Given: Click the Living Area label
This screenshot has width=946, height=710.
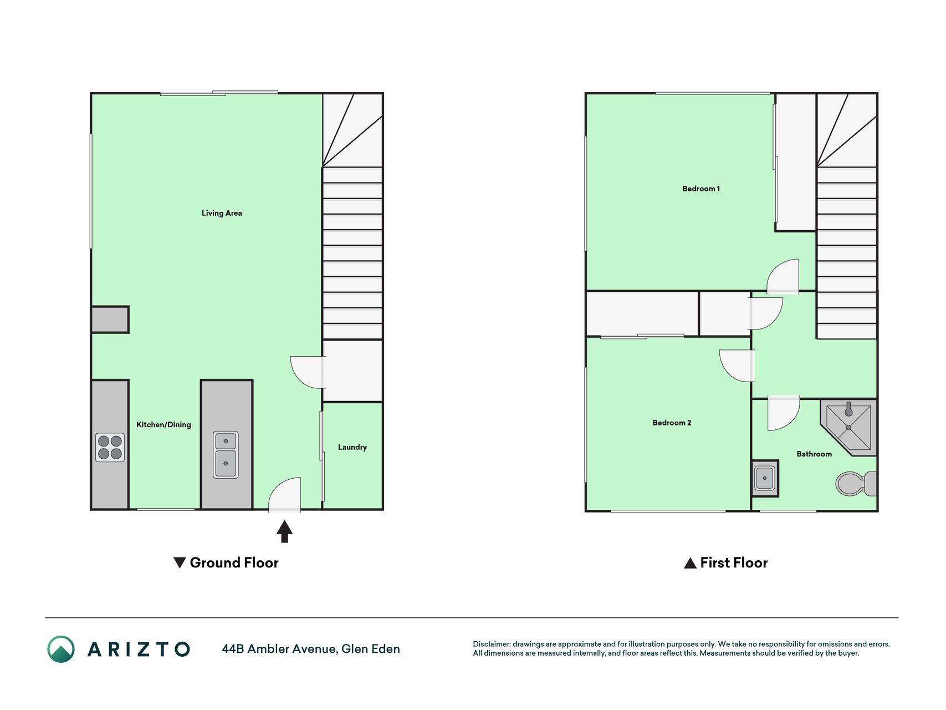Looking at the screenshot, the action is click(x=222, y=213).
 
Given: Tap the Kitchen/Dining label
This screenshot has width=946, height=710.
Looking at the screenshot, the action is click(x=163, y=424).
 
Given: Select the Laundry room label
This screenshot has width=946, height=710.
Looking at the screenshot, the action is click(x=352, y=447).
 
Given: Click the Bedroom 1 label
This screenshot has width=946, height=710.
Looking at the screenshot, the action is click(x=701, y=189).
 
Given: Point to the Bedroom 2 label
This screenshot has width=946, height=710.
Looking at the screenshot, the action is click(x=672, y=423).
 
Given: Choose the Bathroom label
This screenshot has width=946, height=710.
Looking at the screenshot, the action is click(x=814, y=454).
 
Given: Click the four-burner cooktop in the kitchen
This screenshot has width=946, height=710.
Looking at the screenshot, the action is click(x=110, y=448).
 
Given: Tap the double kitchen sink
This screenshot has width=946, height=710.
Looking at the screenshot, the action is click(x=226, y=455).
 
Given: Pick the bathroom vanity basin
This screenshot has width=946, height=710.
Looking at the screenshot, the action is click(x=765, y=478).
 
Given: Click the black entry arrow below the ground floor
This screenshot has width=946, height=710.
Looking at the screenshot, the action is click(x=284, y=531).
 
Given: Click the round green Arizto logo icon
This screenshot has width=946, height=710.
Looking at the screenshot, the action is click(x=61, y=649).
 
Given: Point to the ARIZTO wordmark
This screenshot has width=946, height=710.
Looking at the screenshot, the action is click(x=139, y=649).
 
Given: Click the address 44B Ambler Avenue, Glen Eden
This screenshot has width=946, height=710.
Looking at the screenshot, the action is click(x=311, y=649).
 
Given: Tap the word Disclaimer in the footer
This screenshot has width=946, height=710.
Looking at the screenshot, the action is click(x=491, y=644).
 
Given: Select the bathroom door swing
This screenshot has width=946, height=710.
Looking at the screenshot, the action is click(x=784, y=413).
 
